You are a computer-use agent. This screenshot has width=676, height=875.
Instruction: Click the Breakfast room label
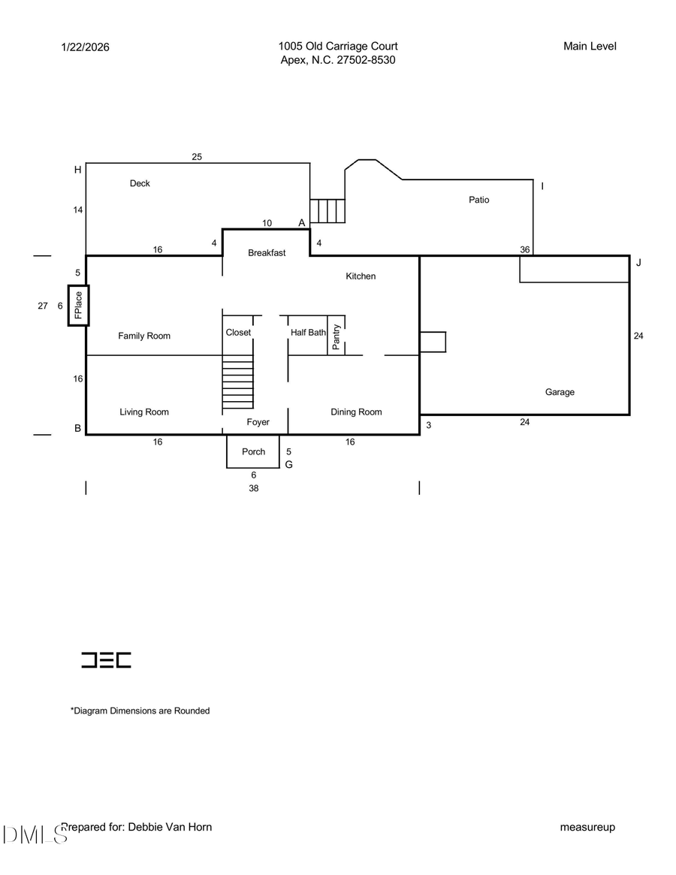[x=267, y=253]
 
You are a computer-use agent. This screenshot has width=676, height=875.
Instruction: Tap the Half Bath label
[x=308, y=332]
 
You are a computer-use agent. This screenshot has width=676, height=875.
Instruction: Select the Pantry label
[x=336, y=337]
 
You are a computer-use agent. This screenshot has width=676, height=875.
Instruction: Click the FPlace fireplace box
[x=78, y=305]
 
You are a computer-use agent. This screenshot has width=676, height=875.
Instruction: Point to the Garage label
[x=560, y=392]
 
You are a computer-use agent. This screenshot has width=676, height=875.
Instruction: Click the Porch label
[x=253, y=451]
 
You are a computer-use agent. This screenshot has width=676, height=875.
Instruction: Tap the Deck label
[x=140, y=183]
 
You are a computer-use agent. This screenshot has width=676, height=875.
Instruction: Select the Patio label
[x=478, y=200]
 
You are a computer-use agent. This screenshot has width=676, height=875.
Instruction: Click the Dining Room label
[x=356, y=412]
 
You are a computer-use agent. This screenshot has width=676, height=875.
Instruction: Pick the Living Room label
[x=144, y=412]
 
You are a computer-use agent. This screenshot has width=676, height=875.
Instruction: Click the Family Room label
[x=144, y=336]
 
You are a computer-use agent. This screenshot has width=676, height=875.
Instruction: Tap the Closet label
[x=238, y=332]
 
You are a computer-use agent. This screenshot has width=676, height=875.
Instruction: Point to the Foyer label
[x=258, y=422]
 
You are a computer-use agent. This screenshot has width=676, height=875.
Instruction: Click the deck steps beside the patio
[x=327, y=211]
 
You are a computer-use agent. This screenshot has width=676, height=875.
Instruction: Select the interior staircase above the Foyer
[x=238, y=384]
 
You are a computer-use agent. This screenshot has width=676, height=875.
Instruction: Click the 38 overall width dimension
[x=254, y=487]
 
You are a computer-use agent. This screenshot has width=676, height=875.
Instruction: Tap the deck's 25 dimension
[x=197, y=157]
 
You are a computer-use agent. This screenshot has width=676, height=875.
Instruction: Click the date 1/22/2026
[x=85, y=47]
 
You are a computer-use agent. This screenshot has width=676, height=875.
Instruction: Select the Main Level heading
[x=590, y=47]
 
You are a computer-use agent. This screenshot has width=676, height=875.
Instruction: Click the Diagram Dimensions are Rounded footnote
[x=140, y=711]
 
